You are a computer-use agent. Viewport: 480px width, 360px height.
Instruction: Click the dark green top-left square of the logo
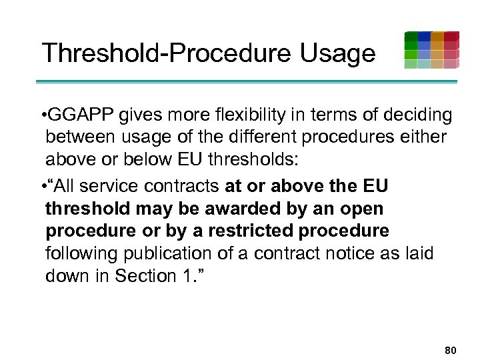click(x=411, y=37)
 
